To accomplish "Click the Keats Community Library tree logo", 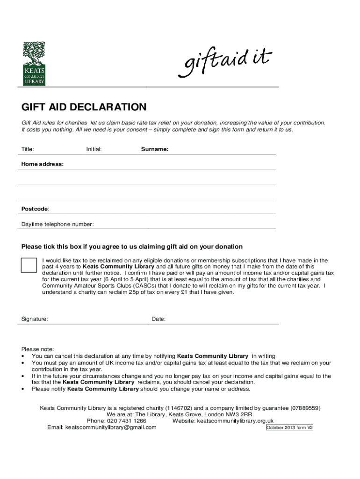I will (x=34, y=63).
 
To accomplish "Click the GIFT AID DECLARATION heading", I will (x=84, y=107).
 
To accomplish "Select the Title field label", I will (x=28, y=149).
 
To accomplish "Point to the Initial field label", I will (x=94, y=149).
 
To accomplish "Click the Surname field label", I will (x=155, y=149).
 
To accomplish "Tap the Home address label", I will (x=43, y=164).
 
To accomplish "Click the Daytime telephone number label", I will (x=58, y=225).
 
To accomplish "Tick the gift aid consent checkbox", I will (x=29, y=265).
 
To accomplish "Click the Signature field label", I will (x=35, y=319).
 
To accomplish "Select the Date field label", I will (x=158, y=319).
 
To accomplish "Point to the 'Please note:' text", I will (x=38, y=349).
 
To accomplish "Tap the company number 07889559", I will (x=306, y=408).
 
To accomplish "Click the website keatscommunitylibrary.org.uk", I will (x=235, y=421).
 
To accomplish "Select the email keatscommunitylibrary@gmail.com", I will (x=111, y=427).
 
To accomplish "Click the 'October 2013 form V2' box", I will (x=289, y=428).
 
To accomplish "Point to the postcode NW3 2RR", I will (x=240, y=414).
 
